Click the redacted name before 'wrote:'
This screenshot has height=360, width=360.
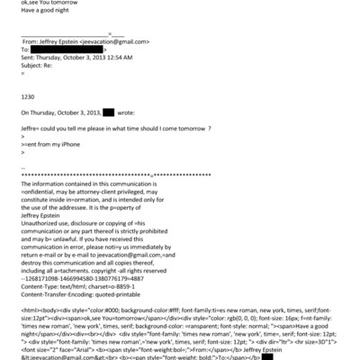(x=108, y=112)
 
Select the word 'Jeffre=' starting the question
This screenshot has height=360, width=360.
(x=32, y=129)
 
